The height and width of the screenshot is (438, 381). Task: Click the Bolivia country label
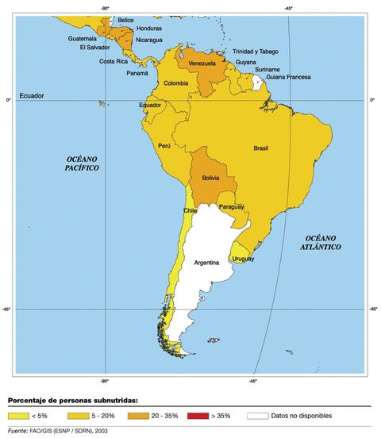[211, 179]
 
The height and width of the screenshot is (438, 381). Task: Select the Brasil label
[260, 148]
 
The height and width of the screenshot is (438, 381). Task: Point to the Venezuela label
[202, 63]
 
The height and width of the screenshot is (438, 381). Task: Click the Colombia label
[175, 83]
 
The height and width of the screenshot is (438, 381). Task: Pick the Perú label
[165, 146]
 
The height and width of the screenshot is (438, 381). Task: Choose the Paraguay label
[231, 207]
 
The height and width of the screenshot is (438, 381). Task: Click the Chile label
[190, 211]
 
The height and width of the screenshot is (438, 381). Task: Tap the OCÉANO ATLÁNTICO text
[322, 243]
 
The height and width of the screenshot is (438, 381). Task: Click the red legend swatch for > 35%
[194, 415]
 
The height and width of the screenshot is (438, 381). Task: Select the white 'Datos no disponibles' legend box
[258, 415]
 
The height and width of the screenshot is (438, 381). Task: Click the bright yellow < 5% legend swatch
[17, 415]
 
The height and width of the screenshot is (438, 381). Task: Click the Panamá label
[137, 73]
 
